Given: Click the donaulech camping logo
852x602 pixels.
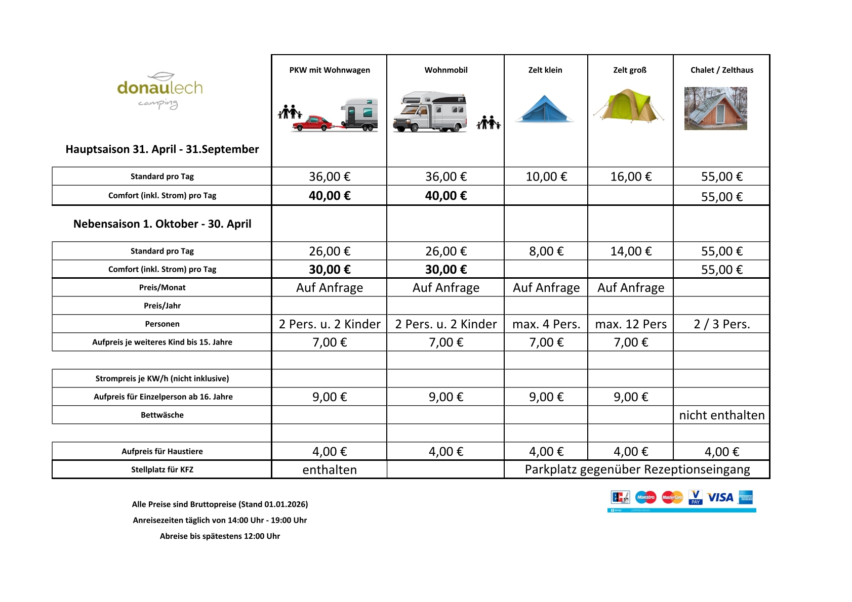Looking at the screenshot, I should pyautogui.click(x=160, y=90).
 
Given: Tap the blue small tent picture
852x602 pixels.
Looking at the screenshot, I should pyautogui.click(x=545, y=110).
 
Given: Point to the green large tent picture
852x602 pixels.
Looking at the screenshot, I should pyautogui.click(x=629, y=106).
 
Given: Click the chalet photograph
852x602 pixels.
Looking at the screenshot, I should pyautogui.click(x=715, y=108).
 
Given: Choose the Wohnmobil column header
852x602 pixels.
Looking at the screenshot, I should pyautogui.click(x=446, y=70).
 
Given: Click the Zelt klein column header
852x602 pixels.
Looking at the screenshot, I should pyautogui.click(x=545, y=70).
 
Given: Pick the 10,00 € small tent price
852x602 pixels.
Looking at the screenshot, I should pyautogui.click(x=546, y=177).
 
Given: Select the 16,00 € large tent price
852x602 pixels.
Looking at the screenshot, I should pyautogui.click(x=631, y=177).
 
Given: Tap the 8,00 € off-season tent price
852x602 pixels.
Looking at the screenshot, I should pyautogui.click(x=546, y=251).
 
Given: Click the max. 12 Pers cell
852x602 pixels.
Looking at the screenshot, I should pyautogui.click(x=631, y=324).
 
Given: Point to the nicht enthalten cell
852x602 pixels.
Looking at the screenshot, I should pyautogui.click(x=721, y=415).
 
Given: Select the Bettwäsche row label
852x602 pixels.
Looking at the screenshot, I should pyautogui.click(x=162, y=415).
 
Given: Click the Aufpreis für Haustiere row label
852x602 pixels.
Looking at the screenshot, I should pyautogui.click(x=162, y=451).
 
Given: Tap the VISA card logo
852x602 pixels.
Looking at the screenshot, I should pyautogui.click(x=720, y=497).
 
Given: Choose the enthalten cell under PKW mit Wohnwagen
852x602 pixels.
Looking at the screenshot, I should pyautogui.click(x=330, y=470).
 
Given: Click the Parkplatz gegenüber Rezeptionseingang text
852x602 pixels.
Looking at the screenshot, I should pyautogui.click(x=637, y=469).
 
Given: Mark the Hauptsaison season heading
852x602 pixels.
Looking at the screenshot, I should pyautogui.click(x=162, y=149).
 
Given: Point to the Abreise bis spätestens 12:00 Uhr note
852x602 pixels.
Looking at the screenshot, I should pyautogui.click(x=220, y=536).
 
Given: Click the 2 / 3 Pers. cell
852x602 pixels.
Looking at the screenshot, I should pyautogui.click(x=721, y=324).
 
